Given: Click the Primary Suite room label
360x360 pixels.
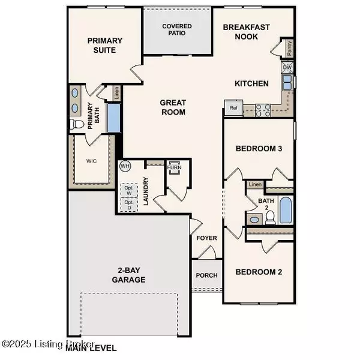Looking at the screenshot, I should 105,45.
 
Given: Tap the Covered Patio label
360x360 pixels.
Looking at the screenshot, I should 177,29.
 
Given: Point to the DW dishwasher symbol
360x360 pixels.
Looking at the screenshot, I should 287,68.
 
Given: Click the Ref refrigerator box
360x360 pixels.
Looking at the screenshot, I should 233,109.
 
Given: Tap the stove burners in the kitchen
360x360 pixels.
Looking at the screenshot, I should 263,109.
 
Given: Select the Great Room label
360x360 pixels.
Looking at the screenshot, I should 172,107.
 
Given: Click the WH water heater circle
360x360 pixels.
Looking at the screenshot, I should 125,166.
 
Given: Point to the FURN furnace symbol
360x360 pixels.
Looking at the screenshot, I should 175,168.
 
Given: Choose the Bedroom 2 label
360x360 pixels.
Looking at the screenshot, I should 259,272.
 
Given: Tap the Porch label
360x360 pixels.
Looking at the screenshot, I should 207,275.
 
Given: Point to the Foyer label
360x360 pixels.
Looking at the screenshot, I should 206,238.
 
